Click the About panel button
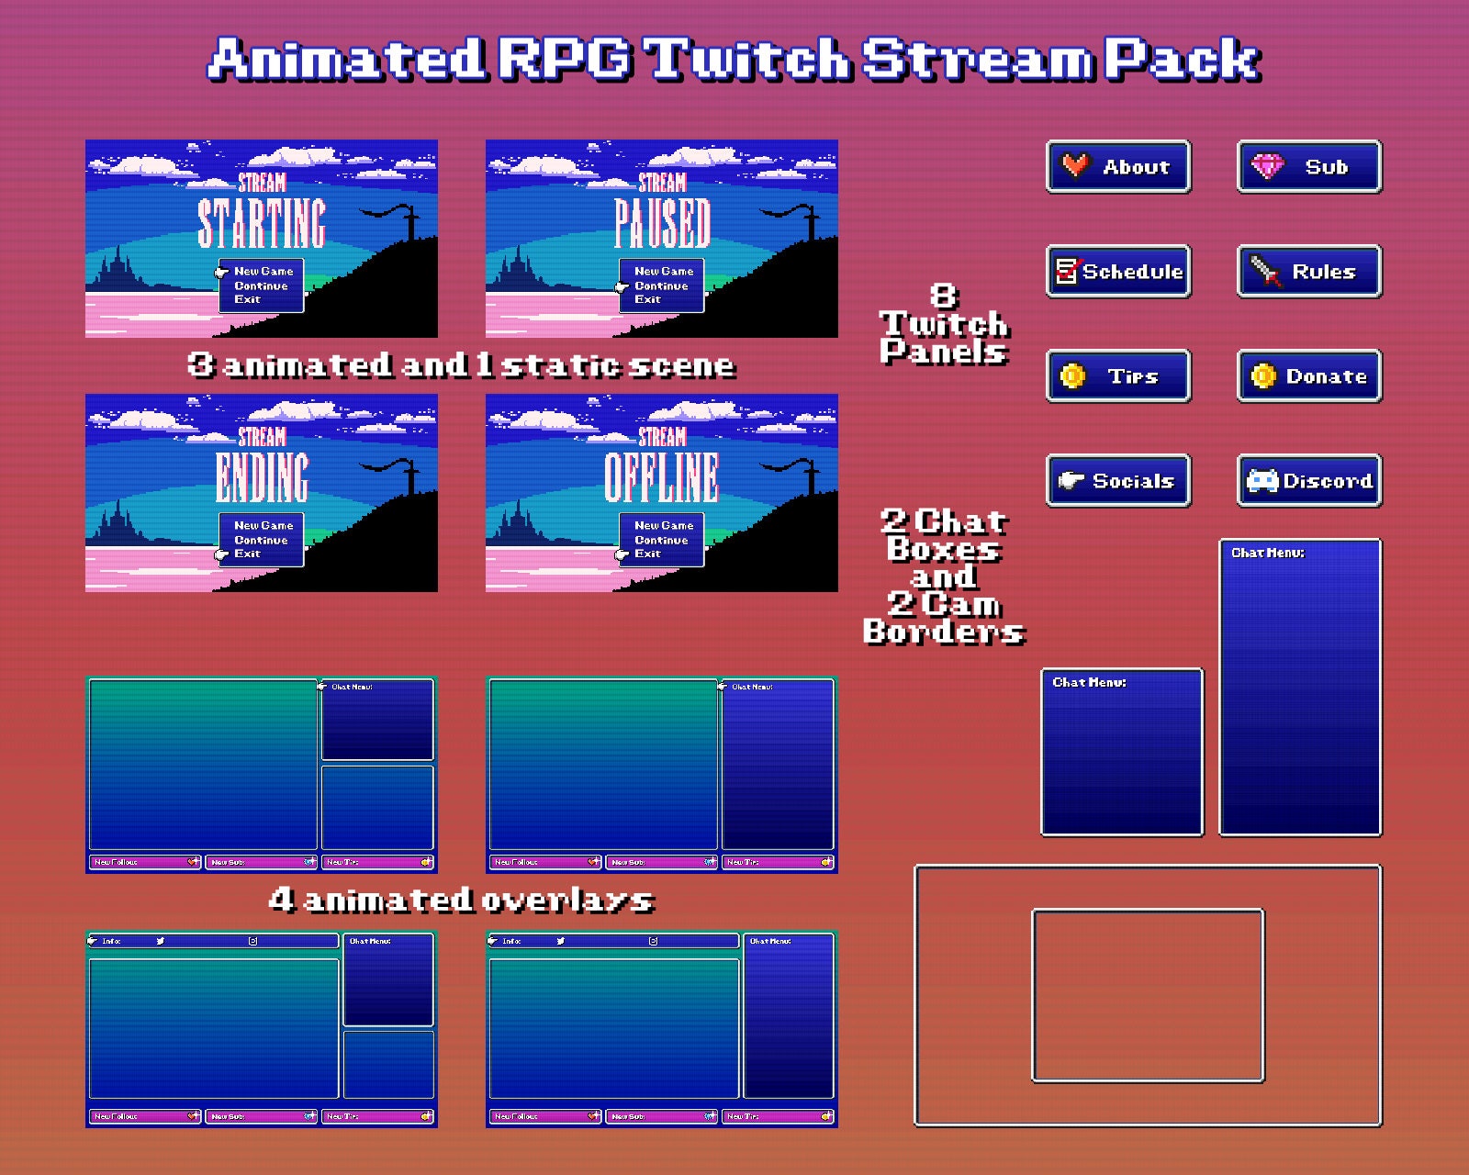click(1118, 167)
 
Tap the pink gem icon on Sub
click(1268, 166)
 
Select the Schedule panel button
click(1118, 272)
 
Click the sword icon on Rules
click(1265, 271)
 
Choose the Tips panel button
click(1118, 376)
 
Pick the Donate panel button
click(1309, 376)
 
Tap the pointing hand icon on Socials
click(1071, 480)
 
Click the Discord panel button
click(1309, 481)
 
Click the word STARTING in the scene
click(262, 223)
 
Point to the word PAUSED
click(662, 223)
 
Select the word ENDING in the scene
click(262, 477)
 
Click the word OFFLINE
click(662, 477)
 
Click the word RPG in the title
click(566, 60)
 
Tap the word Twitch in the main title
click(749, 60)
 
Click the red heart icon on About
click(1075, 165)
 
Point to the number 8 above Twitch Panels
click(943, 296)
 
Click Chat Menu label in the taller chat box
click(1267, 553)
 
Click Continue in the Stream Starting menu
click(261, 285)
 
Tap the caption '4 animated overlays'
click(461, 900)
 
